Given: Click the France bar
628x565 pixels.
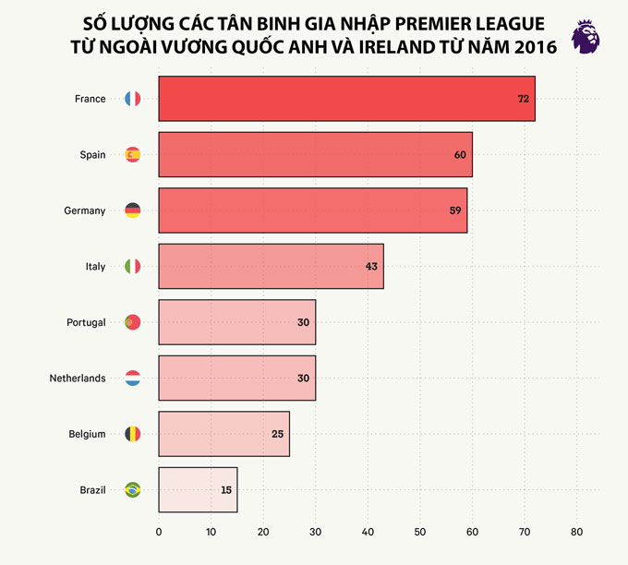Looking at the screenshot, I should click(x=346, y=99).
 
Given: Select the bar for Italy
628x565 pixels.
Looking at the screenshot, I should click(x=271, y=267).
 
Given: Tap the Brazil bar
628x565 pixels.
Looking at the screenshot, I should click(x=198, y=490).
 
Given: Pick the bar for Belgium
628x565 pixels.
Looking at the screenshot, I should click(x=223, y=434).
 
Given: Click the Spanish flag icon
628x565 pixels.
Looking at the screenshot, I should click(x=132, y=155).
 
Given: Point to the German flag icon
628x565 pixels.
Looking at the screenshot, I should click(x=132, y=210).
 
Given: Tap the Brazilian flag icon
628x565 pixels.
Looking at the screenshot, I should click(x=132, y=490).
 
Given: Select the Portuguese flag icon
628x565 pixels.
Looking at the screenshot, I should click(x=132, y=322).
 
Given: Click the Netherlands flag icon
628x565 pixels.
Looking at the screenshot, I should click(x=132, y=379).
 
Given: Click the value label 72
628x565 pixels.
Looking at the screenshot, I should click(x=523, y=99).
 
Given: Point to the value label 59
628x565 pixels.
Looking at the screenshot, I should click(x=455, y=210).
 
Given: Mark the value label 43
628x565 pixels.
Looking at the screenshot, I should click(x=371, y=267).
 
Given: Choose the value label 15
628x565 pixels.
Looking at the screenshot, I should click(x=225, y=490).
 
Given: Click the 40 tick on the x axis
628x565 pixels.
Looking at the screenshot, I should click(x=368, y=532).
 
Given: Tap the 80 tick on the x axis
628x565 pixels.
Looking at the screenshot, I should click(x=576, y=532).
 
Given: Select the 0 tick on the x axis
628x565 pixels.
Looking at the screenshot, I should click(x=159, y=532).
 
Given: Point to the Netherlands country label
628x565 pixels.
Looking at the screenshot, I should click(x=78, y=379).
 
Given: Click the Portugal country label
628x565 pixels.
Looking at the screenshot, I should click(x=86, y=322).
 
